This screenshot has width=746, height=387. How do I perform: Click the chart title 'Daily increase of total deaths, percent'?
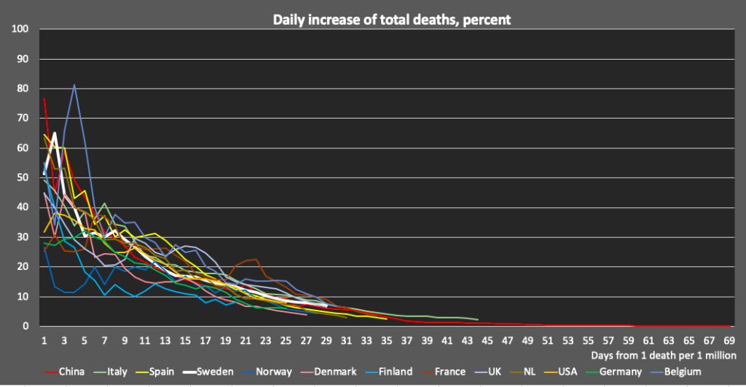(392, 20)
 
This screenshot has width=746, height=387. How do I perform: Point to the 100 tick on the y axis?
(20, 29)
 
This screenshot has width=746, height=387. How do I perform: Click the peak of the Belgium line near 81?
(74, 85)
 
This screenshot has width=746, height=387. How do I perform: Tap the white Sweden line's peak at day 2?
(55, 133)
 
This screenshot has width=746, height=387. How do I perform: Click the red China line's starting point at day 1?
(44, 98)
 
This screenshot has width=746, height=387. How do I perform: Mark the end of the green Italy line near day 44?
(477, 319)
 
